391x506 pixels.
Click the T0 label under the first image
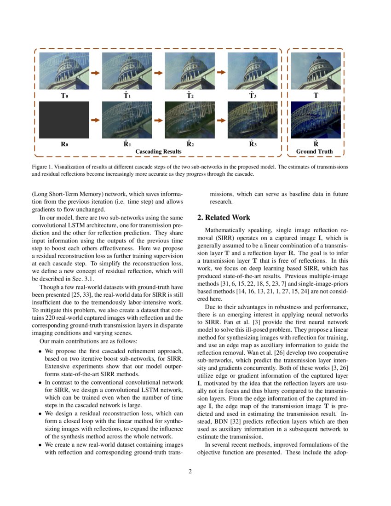pyautogui.click(x=64, y=97)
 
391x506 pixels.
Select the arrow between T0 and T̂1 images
pyautogui.click(x=96, y=73)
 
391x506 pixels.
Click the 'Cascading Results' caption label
pyautogui.click(x=158, y=151)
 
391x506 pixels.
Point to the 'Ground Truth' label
pyautogui.click(x=315, y=151)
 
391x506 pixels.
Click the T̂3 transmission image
pyautogui.click(x=253, y=71)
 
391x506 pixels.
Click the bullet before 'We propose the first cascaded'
pyautogui.click(x=40, y=351)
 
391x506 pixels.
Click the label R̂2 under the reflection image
pyautogui.click(x=190, y=144)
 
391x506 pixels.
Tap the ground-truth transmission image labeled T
pyautogui.click(x=316, y=71)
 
